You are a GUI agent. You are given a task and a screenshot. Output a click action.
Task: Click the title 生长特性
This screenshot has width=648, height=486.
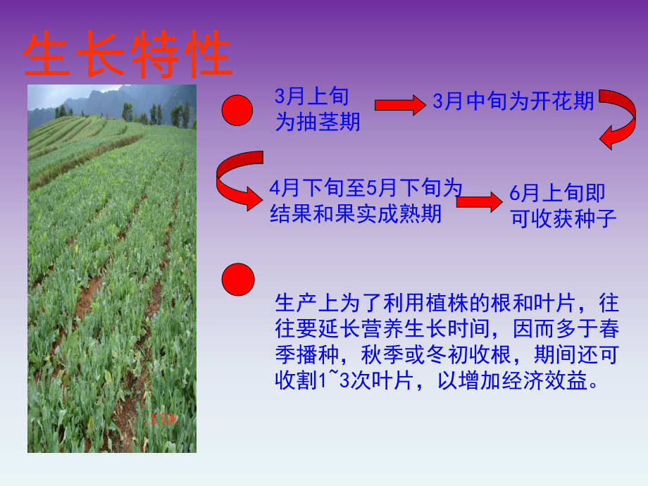[127, 55]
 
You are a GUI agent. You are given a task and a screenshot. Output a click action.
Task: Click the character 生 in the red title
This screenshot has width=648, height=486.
[49, 55]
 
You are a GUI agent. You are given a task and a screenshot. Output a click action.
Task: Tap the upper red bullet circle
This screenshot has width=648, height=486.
[237, 111]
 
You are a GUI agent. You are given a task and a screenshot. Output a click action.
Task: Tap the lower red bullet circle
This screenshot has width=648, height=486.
[237, 280]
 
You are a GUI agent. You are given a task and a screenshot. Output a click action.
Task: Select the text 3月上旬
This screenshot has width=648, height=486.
[311, 97]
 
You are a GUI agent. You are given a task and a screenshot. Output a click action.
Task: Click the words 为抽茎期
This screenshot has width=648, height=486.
[317, 122]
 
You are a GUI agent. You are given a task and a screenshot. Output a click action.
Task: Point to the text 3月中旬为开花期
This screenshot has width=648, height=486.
[513, 102]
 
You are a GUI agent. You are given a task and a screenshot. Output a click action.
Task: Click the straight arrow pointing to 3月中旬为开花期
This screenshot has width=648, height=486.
[399, 105]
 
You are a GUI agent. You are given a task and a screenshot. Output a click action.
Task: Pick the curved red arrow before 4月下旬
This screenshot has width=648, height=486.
[237, 182]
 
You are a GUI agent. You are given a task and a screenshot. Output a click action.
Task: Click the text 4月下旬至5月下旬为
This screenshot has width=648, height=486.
[366, 189]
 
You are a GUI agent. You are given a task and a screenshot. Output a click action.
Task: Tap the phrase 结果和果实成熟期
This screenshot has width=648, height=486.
[356, 213]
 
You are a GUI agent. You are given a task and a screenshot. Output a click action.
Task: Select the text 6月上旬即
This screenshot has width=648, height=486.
[557, 193]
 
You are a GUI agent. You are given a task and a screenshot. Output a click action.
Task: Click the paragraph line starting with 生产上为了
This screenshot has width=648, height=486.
[447, 304]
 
